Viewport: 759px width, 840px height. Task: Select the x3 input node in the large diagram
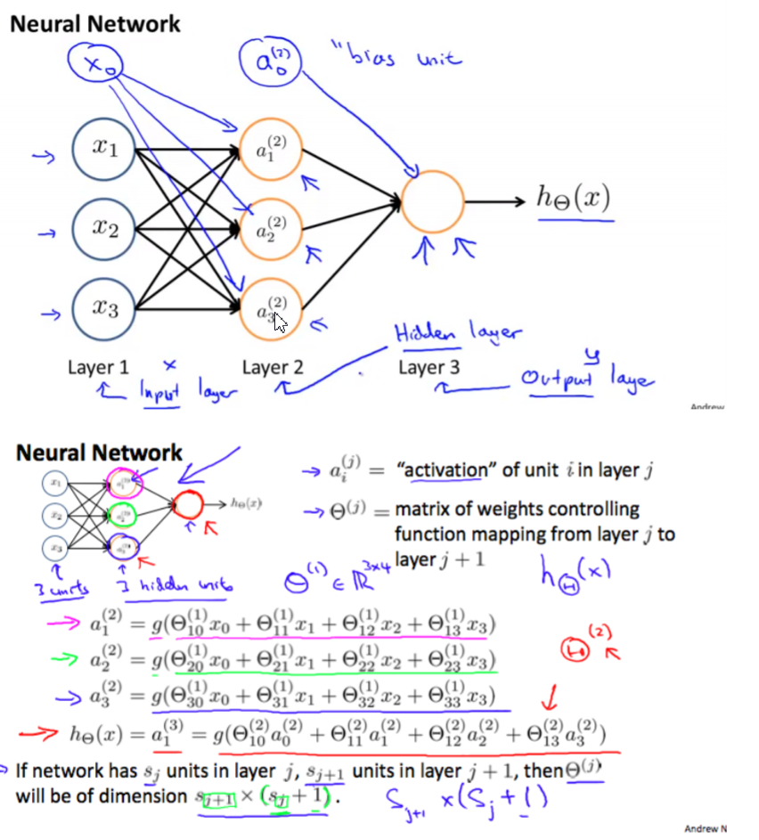(104, 309)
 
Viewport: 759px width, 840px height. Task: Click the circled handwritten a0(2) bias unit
(273, 62)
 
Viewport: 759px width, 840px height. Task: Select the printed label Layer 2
(273, 368)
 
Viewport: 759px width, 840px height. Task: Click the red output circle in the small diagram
(188, 506)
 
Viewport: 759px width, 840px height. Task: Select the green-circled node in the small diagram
(118, 514)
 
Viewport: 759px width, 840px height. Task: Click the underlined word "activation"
(444, 470)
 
